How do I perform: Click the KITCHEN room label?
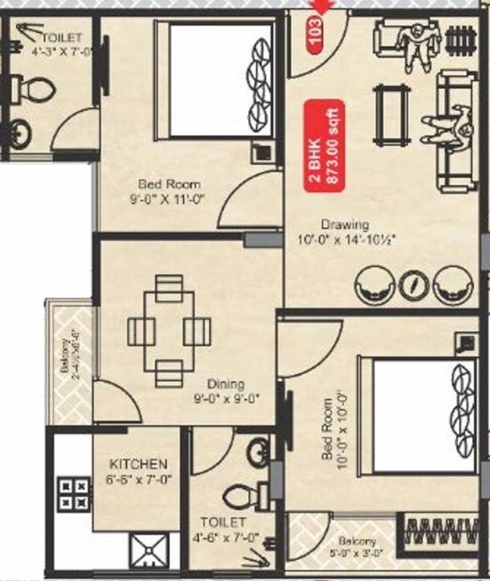point(138,464)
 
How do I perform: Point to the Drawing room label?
point(344,225)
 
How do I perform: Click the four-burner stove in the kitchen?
point(73,492)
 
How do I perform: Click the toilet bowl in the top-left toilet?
point(32,92)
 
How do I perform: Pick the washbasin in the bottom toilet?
point(258,452)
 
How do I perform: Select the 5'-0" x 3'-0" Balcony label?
point(357,546)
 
